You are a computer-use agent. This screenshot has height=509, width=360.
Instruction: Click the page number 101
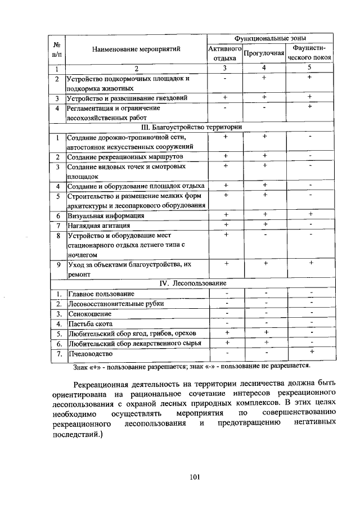pos(195,478)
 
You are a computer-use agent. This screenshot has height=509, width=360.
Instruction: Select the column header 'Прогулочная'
pos(263,53)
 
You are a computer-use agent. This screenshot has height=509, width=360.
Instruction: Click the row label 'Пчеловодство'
pos(90,354)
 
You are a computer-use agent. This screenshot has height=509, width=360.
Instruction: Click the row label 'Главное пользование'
pos(101,293)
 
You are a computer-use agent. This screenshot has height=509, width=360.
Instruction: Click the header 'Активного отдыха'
pos(224,53)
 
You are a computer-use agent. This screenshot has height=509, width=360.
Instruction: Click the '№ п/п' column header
pos(57,49)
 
